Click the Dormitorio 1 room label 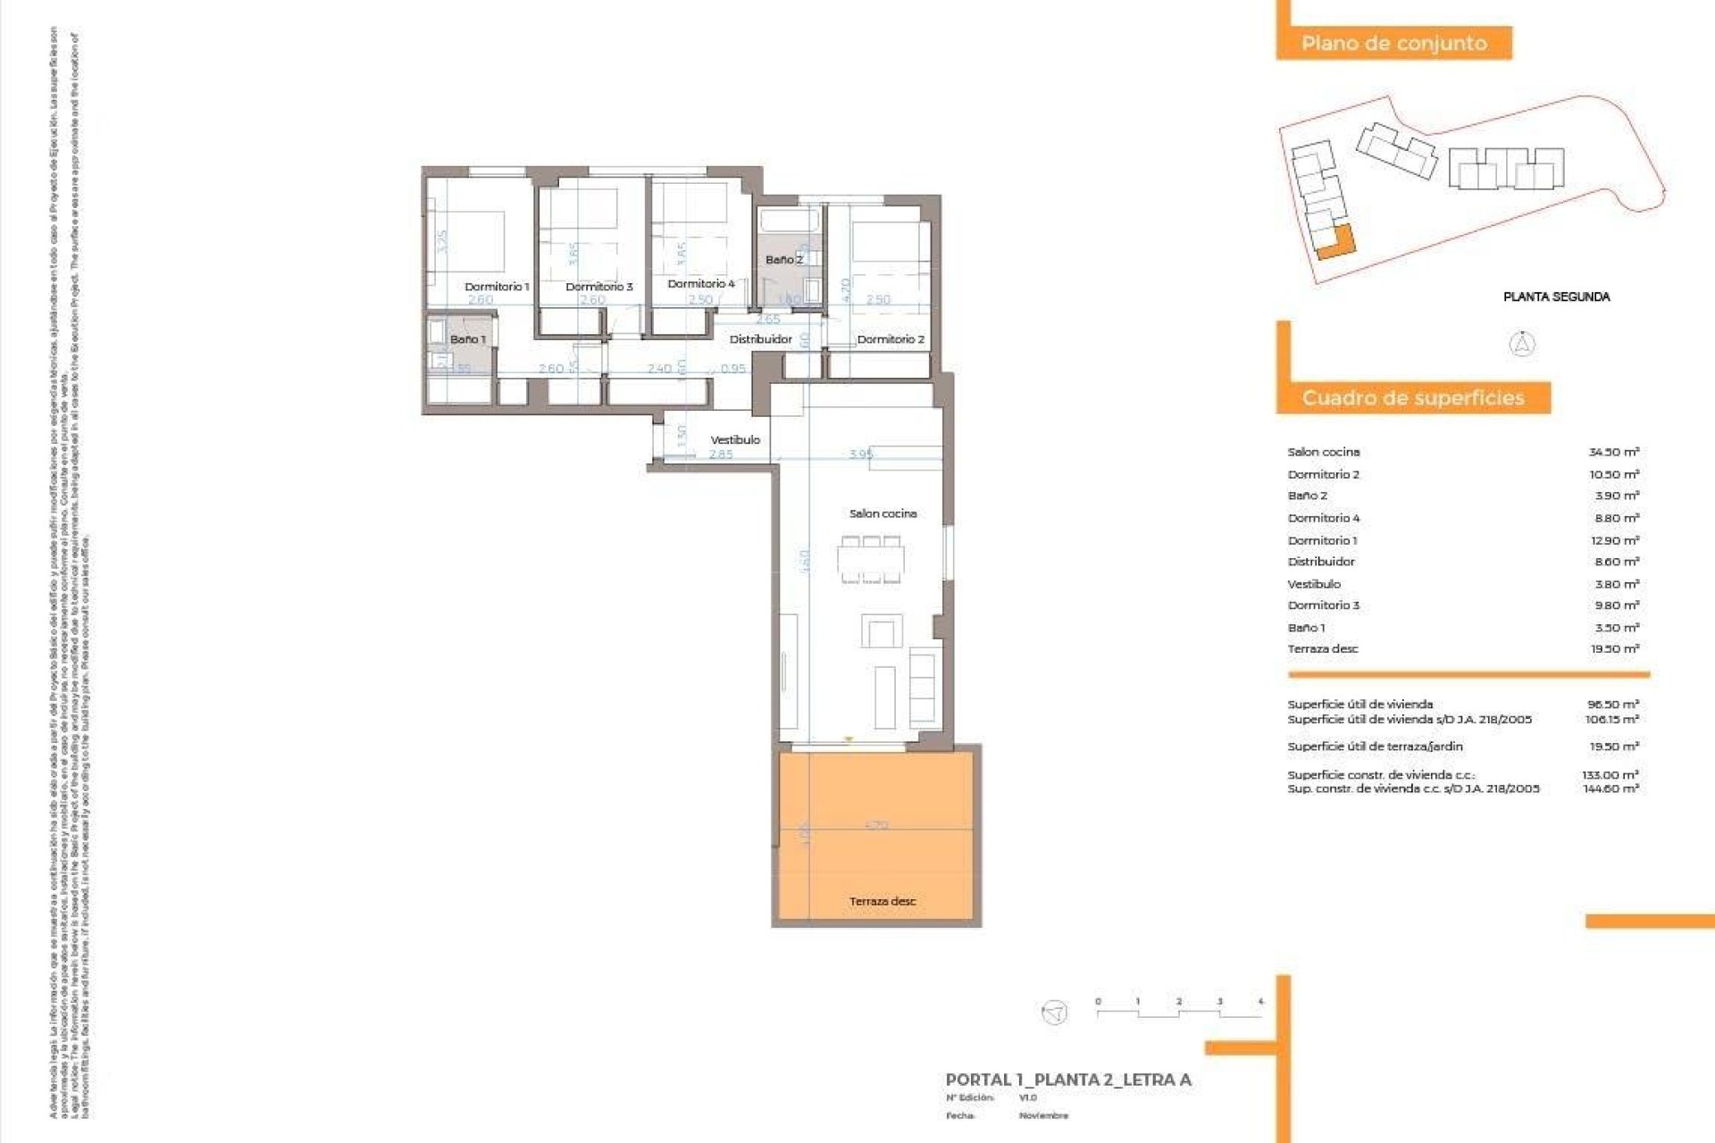(x=497, y=287)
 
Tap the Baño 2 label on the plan (x=783, y=260)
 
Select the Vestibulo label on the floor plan (x=735, y=440)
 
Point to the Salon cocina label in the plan (x=883, y=513)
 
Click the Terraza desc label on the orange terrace (x=883, y=901)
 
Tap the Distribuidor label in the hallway (x=760, y=339)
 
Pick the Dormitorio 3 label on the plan (x=598, y=287)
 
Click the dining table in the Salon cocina (x=870, y=561)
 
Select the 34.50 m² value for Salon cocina (x=1613, y=452)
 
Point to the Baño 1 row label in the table (x=1307, y=628)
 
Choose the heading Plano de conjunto (x=1393, y=43)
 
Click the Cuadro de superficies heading (x=1412, y=398)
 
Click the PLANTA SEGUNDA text (x=1556, y=296)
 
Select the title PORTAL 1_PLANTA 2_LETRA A (x=1068, y=1080)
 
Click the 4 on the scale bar (x=1260, y=1002)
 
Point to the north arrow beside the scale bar (x=1055, y=1012)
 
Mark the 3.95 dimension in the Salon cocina (x=860, y=455)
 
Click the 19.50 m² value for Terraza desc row (x=1614, y=649)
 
